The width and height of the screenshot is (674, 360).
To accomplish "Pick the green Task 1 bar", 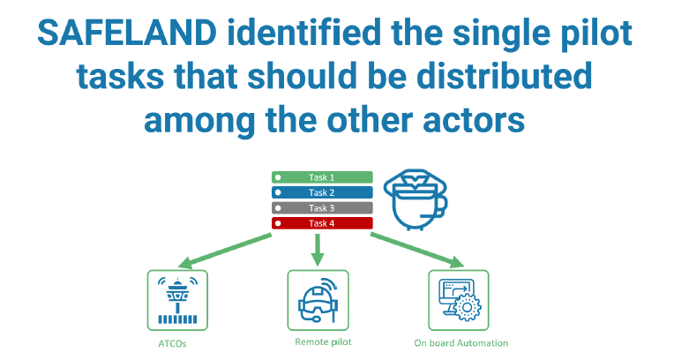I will pos(321,177).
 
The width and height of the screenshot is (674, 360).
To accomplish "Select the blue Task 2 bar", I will pos(321,192).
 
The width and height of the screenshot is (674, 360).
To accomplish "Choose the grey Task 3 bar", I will pos(321,207).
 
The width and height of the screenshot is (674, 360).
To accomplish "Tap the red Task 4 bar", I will pos(321,222).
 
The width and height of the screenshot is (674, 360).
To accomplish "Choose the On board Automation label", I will pos(461,342).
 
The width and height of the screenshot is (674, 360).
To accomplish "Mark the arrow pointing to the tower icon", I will pos(224,250).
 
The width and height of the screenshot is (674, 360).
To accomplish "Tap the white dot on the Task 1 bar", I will pos(278,177).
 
